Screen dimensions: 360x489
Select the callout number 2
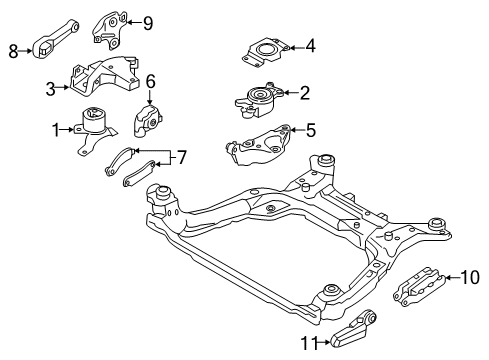305,93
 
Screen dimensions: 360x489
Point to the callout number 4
311,44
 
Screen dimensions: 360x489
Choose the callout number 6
151,82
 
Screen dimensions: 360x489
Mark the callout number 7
182,156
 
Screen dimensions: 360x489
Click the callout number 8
13,51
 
